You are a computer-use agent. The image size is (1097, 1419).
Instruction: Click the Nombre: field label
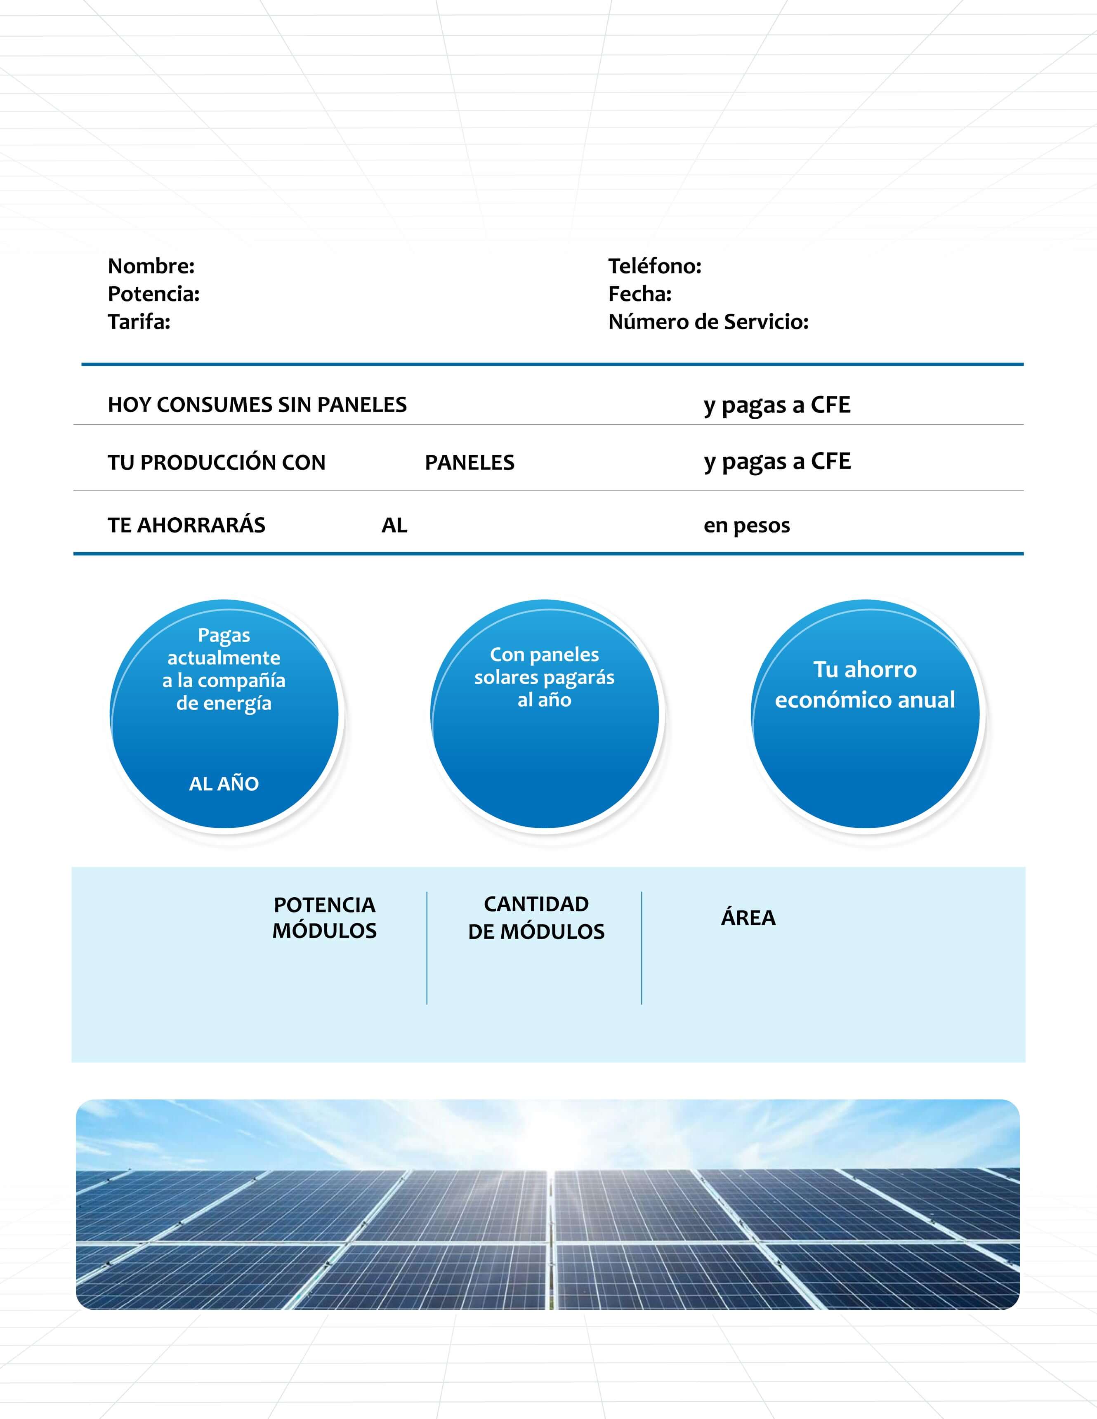point(151,266)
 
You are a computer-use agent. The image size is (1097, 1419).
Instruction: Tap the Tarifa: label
point(139,322)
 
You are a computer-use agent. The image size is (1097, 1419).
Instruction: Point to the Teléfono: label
point(654,266)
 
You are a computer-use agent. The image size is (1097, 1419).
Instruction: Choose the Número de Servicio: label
point(708,322)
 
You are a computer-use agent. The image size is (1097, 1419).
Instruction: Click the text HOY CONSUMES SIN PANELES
point(257,405)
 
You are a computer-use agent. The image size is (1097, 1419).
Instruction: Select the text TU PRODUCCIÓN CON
point(217,462)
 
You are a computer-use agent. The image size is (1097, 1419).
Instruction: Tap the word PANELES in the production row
point(469,462)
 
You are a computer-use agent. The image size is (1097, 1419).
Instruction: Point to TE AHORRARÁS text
point(186,525)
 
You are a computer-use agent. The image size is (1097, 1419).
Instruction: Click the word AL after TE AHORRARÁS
point(394,525)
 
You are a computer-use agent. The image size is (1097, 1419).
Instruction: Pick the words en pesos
point(747,525)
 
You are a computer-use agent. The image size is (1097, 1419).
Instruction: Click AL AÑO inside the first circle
point(224,784)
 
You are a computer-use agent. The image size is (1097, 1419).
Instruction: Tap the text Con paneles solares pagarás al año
point(544,677)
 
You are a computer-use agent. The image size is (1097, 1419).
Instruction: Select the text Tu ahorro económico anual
point(865,684)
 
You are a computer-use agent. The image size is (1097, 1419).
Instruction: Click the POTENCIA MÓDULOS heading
point(324,917)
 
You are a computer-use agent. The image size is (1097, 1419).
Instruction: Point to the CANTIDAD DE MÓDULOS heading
point(536,917)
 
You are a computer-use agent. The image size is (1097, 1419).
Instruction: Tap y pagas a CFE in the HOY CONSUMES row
point(776,405)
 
